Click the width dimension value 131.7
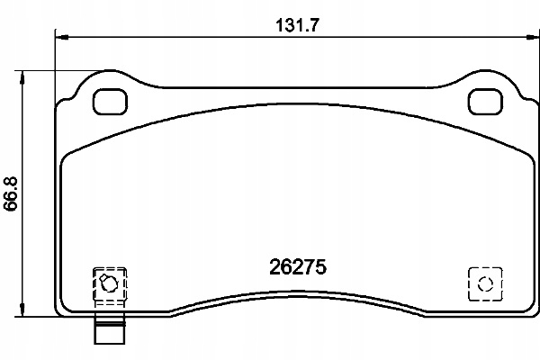[x=298, y=25]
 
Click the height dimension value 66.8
[x=10, y=194]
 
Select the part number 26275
[x=298, y=267]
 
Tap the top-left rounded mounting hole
[x=110, y=102]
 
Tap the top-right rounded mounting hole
[x=485, y=102]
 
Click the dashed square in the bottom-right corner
[x=485, y=283]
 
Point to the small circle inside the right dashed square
[x=485, y=283]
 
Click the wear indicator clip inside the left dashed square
[x=109, y=283]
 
